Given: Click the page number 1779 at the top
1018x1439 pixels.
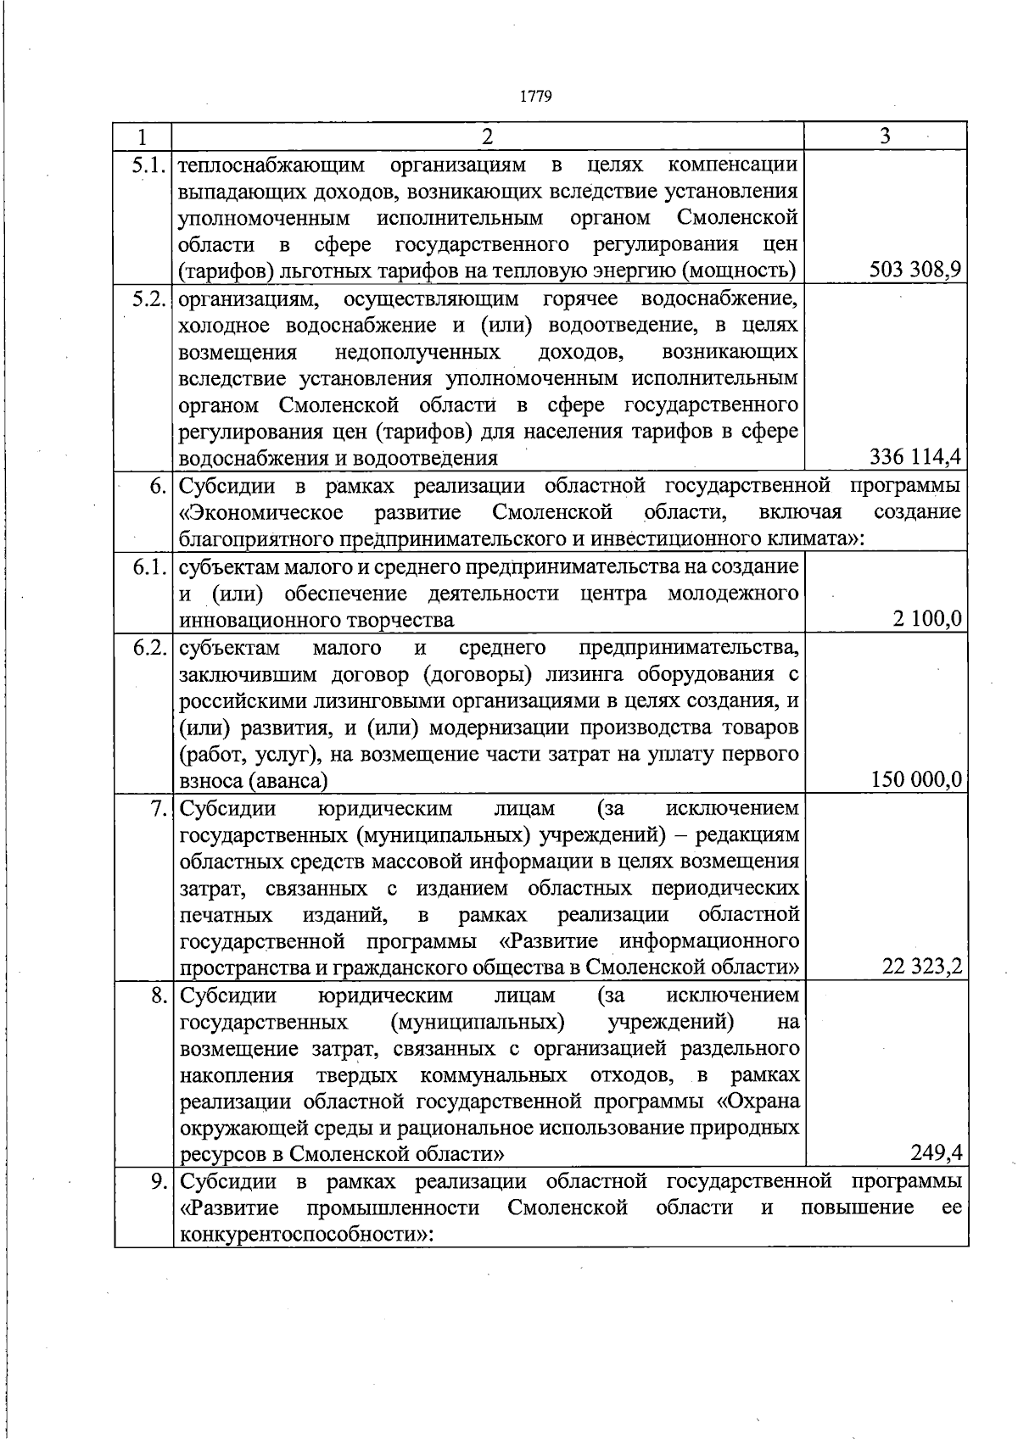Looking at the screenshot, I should click(x=535, y=96).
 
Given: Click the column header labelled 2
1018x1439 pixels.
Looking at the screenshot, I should click(x=487, y=137).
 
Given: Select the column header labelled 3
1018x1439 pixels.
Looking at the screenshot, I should click(x=885, y=136).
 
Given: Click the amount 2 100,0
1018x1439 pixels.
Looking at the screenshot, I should click(x=927, y=619).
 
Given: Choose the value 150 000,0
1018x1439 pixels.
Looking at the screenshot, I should click(x=916, y=779).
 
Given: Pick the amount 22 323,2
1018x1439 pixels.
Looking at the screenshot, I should click(x=921, y=966).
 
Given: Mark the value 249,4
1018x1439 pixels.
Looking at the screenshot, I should click(x=937, y=1152).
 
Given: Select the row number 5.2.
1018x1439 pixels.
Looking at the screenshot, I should click(x=148, y=299).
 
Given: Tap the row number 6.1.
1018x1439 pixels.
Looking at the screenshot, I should click(x=148, y=567).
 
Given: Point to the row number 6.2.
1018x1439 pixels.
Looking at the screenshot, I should click(x=148, y=648).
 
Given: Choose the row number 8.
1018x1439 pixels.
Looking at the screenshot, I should click(x=159, y=995).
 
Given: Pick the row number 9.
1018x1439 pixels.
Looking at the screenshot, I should click(x=159, y=1181).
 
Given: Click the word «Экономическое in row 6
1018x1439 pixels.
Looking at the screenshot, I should click(x=261, y=512).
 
